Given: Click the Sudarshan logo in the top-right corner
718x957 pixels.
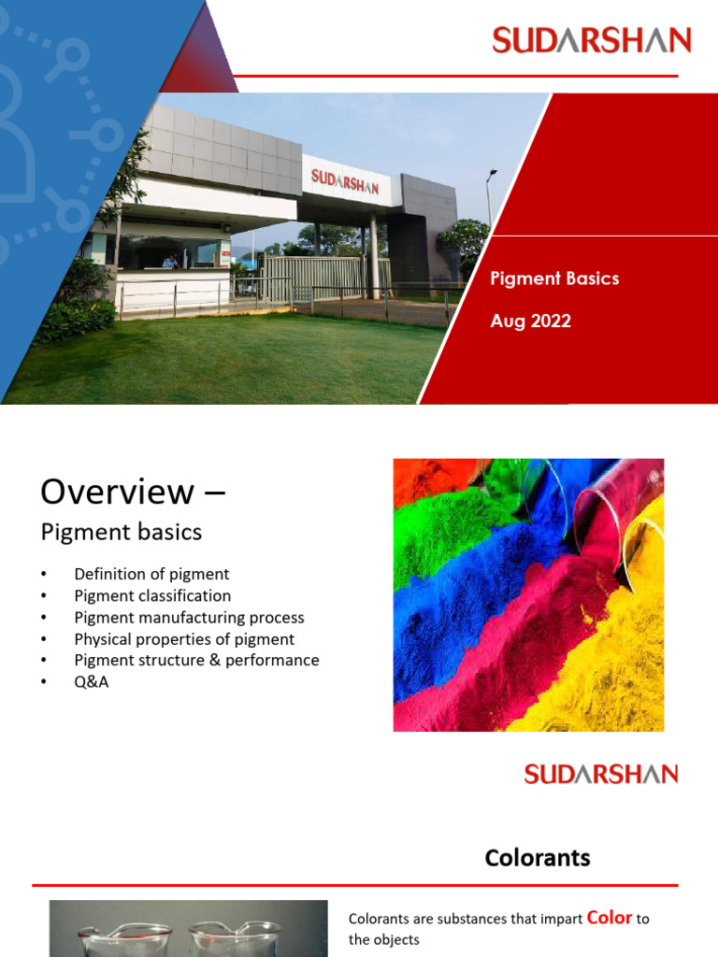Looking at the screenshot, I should (x=591, y=40).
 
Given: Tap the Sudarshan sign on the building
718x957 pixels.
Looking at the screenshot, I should (x=345, y=180).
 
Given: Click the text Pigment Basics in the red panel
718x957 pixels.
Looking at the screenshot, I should (x=554, y=279).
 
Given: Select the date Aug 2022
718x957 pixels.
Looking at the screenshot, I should (x=530, y=321).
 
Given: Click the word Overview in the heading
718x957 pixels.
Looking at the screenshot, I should (x=112, y=491).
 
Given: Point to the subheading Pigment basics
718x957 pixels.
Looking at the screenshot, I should (x=121, y=533).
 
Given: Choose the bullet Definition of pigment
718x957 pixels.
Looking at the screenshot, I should (x=151, y=574).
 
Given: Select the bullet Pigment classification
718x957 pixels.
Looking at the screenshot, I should (x=152, y=595).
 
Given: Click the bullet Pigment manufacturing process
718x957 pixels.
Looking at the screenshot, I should (x=189, y=617).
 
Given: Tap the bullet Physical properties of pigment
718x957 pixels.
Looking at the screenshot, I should (x=184, y=639).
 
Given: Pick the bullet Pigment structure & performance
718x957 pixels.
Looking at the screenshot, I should (x=196, y=660).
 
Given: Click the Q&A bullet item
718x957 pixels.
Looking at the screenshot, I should (x=92, y=681).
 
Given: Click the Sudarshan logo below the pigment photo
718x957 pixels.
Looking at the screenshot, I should (x=600, y=774).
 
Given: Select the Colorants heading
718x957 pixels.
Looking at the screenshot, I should (x=537, y=857).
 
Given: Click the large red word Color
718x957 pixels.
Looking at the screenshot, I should (x=609, y=918).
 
